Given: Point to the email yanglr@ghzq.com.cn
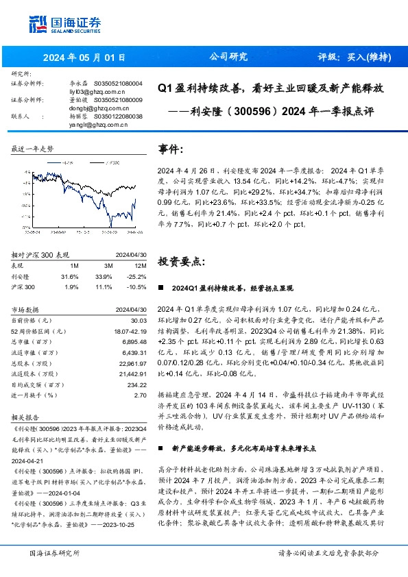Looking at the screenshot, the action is [x=97, y=125].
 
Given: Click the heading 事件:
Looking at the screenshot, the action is [x=171, y=149].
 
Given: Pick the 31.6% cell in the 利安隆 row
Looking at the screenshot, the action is [x=70, y=257].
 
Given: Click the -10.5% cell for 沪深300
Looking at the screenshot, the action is [x=136, y=267].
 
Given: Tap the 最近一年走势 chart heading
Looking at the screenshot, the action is [x=32, y=149].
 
